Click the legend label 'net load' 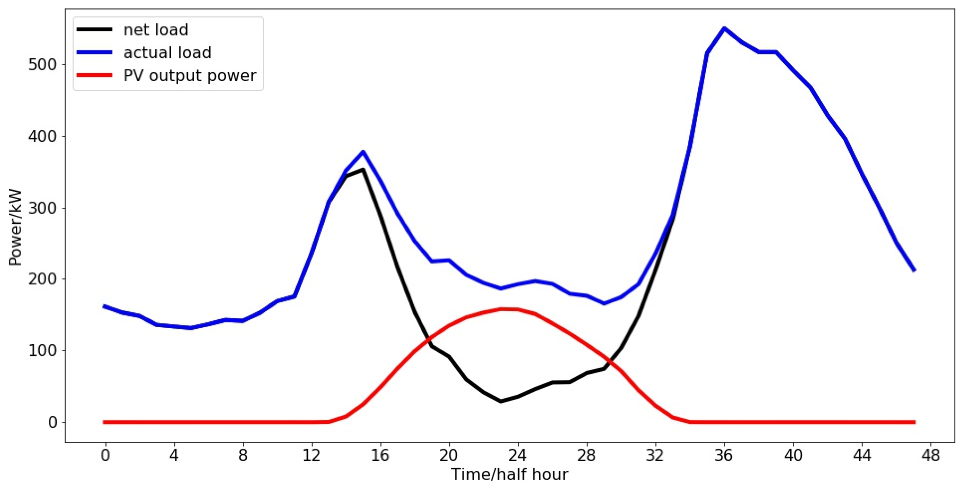pyautogui.click(x=156, y=30)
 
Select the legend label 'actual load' pyautogui.click(x=167, y=53)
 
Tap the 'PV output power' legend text pyautogui.click(x=190, y=76)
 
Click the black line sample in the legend pyautogui.click(x=94, y=29)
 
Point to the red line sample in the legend pyautogui.click(x=94, y=75)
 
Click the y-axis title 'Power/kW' pyautogui.click(x=15, y=228)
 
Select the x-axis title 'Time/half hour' pyautogui.click(x=509, y=474)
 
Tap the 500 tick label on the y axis pyautogui.click(x=42, y=65)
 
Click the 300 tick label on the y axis pyautogui.click(x=42, y=208)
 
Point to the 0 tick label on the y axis pyautogui.click(x=52, y=422)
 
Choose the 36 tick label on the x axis pyautogui.click(x=723, y=455)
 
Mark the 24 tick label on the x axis pyautogui.click(x=517, y=455)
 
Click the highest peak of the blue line pyautogui.click(x=724, y=28)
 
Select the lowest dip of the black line pyautogui.click(x=500, y=401)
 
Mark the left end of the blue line pyautogui.click(x=104, y=306)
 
